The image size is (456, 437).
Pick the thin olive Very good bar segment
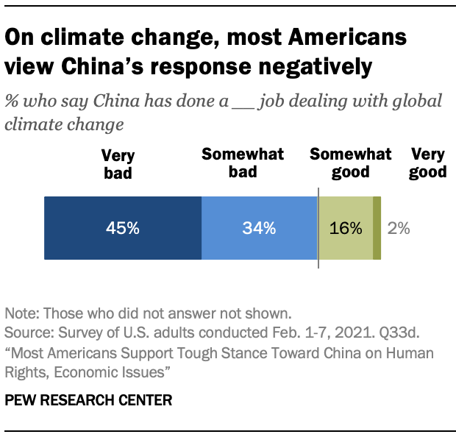tap(377, 228)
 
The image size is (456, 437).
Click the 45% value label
tap(123, 228)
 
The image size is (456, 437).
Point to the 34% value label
tap(259, 228)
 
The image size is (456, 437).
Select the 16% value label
tap(346, 228)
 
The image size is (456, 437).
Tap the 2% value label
tap(399, 228)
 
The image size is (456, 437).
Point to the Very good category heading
tap(428, 163)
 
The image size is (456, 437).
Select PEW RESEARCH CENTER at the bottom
tap(89, 400)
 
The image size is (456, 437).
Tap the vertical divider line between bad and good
tap(318, 228)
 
